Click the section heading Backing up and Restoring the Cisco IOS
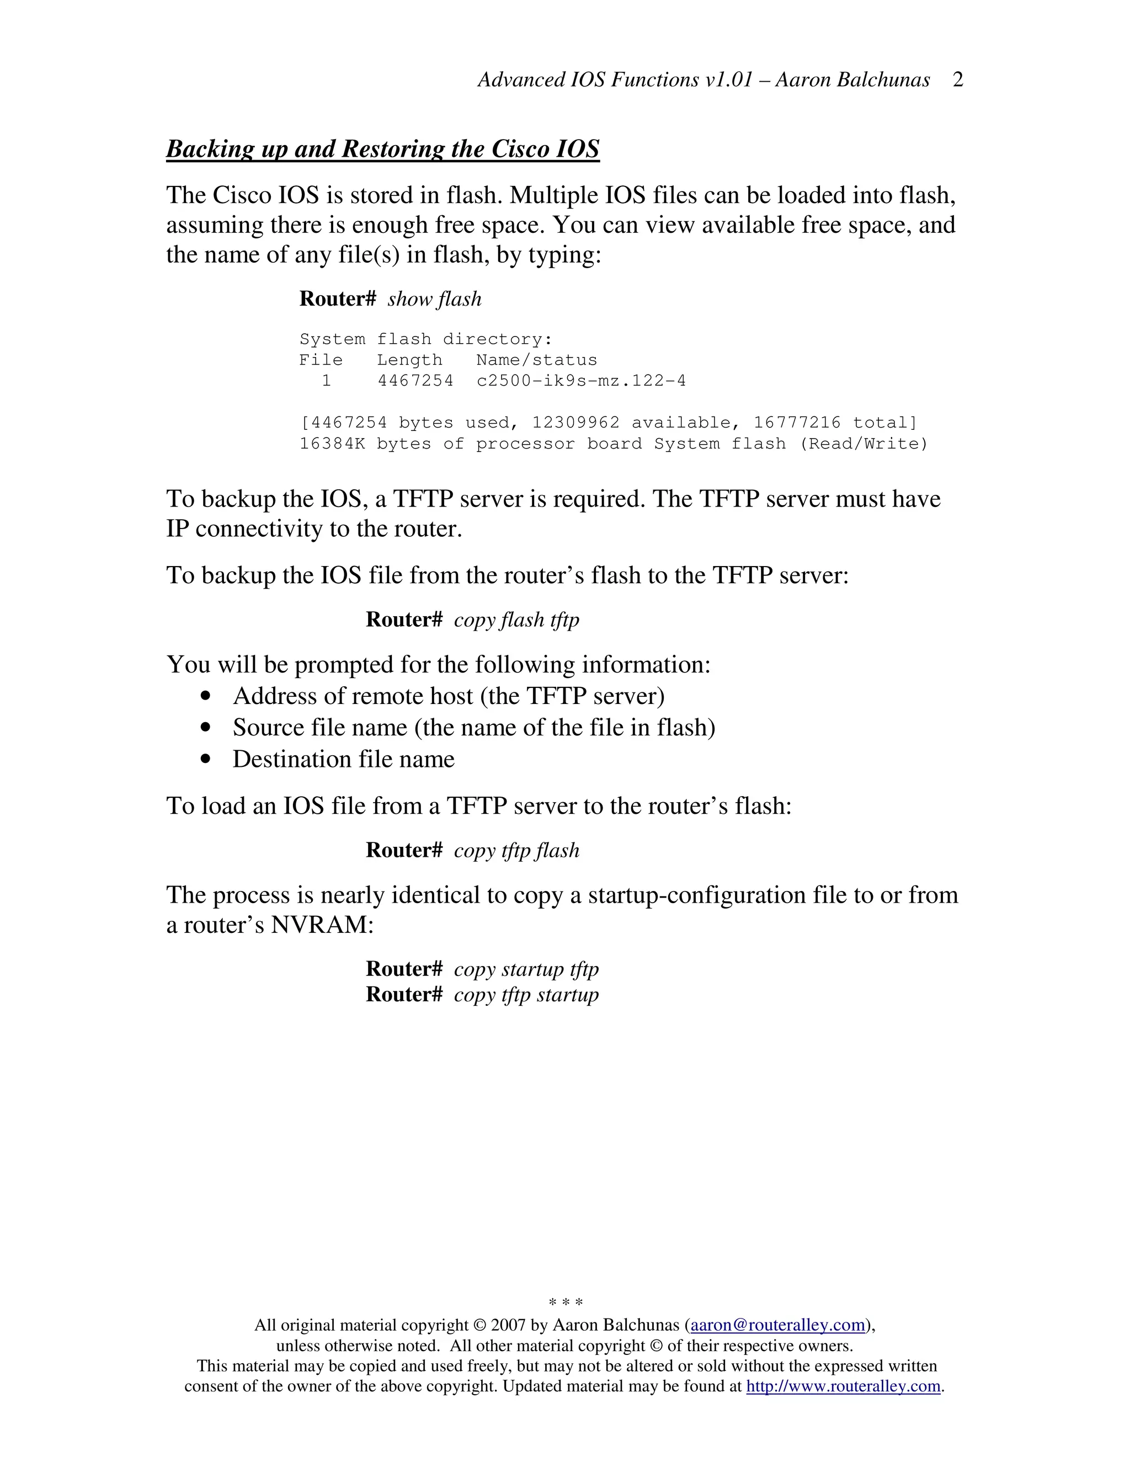click(x=382, y=148)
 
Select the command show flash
click(x=434, y=298)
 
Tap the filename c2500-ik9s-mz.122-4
click(x=581, y=381)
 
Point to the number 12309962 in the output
click(x=575, y=423)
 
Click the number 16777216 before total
click(x=797, y=423)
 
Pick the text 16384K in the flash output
click(x=332, y=444)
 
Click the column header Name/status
click(x=536, y=360)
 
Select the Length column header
click(x=409, y=360)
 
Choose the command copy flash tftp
click(x=516, y=620)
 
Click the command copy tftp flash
click(x=516, y=850)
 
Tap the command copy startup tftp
click(x=526, y=969)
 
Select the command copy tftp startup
click(x=526, y=995)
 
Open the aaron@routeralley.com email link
click(x=778, y=1325)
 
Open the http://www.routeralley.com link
click(x=843, y=1386)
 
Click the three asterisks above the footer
click(x=566, y=1303)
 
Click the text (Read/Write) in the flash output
click(x=864, y=444)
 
